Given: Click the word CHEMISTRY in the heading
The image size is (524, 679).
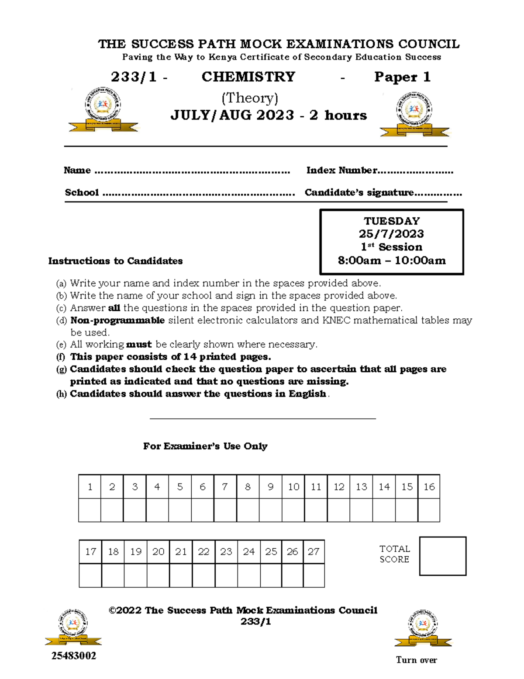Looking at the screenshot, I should point(248,77).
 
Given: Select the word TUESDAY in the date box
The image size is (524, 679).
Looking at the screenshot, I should point(392,221).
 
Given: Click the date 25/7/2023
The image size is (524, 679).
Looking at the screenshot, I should point(392,234).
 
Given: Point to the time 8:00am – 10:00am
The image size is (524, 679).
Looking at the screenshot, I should point(392,261).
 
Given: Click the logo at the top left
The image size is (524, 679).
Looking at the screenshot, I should point(103,109).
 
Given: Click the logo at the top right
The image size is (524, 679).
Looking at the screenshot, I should point(414,114).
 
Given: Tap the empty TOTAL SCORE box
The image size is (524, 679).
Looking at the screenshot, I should point(442,556).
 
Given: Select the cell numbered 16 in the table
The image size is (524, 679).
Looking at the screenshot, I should point(429,487).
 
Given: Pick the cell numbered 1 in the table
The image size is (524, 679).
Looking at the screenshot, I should point(90,487).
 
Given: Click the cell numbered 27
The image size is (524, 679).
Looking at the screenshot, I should point(314,552).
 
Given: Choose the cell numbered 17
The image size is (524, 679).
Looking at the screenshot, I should point(90,552).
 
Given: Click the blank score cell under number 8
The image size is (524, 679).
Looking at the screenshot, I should point(248,510).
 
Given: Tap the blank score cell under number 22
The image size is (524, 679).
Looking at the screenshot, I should point(203,575).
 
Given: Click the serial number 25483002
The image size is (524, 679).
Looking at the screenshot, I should point(74,656).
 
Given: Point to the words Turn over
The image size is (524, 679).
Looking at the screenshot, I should point(416,660).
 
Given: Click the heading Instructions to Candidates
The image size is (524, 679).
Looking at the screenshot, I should point(115,261).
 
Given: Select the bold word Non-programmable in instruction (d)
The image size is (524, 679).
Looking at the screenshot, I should point(117,320).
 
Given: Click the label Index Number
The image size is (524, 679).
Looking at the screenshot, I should point(341,171).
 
